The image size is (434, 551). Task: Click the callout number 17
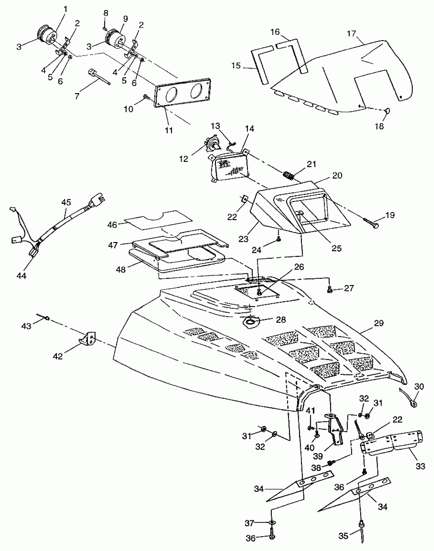pyautogui.click(x=352, y=33)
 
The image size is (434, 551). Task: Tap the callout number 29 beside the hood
pyautogui.click(x=379, y=323)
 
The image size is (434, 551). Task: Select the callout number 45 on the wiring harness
pyautogui.click(x=66, y=202)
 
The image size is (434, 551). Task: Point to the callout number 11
pyautogui.click(x=169, y=130)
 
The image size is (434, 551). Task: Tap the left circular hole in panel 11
pyautogui.click(x=172, y=94)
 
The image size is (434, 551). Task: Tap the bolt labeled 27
pyautogui.click(x=329, y=289)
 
